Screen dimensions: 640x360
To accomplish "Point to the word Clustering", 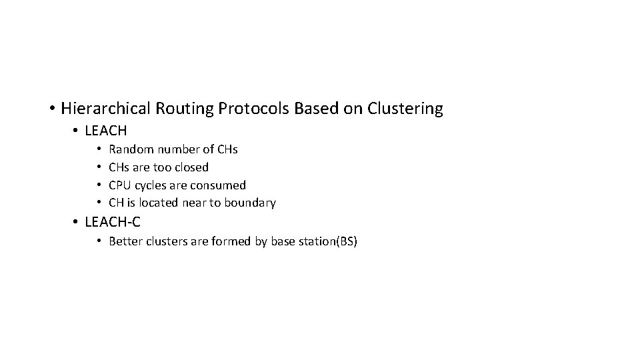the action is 404,109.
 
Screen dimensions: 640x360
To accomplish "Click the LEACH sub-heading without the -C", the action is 106,131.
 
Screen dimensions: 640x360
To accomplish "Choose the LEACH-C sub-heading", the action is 113,222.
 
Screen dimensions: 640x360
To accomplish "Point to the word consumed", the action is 219,185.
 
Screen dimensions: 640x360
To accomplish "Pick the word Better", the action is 125,241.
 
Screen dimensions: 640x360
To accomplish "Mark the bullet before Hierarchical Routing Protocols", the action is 51,109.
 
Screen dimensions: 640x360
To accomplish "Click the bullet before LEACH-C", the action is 77,222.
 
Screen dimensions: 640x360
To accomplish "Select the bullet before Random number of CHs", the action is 98,149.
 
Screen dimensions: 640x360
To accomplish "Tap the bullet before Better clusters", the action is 98,241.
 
